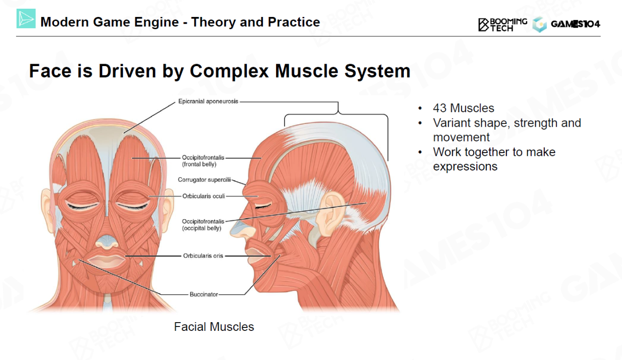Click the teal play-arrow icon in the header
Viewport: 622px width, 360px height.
tap(26, 19)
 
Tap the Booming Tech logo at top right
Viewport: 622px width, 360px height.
tap(502, 24)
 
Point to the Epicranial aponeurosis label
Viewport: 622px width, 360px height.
tap(208, 102)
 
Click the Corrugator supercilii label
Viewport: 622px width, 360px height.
tap(204, 180)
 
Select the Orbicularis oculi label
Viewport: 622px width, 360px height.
tap(204, 196)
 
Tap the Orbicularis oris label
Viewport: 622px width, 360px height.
tap(203, 256)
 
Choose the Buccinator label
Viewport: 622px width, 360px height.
tap(204, 294)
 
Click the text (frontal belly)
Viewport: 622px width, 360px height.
tap(199, 164)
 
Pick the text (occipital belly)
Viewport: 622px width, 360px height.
tap(202, 228)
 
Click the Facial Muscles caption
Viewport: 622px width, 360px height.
tap(214, 327)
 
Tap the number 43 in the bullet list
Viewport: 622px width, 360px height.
tap(440, 108)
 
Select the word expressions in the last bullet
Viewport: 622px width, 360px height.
tap(465, 167)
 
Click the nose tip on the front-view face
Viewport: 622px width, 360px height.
tap(106, 241)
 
